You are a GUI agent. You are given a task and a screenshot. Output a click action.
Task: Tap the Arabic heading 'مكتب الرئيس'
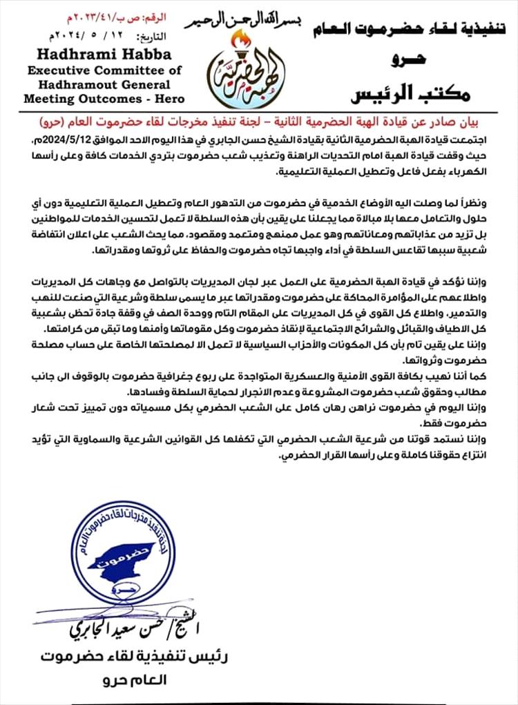[x=428, y=93]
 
